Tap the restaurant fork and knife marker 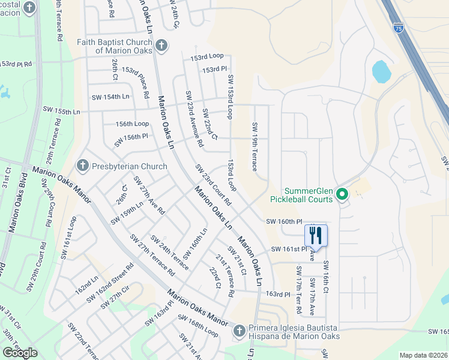pyautogui.click(x=315, y=235)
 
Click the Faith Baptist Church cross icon pyautogui.click(x=161, y=46)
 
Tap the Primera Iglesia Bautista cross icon pyautogui.click(x=239, y=330)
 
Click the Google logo pyautogui.click(x=20, y=352)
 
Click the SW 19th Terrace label pyautogui.click(x=255, y=146)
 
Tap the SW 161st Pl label pyautogui.click(x=289, y=248)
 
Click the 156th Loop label pyautogui.click(x=133, y=124)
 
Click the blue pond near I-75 pyautogui.click(x=382, y=72)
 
